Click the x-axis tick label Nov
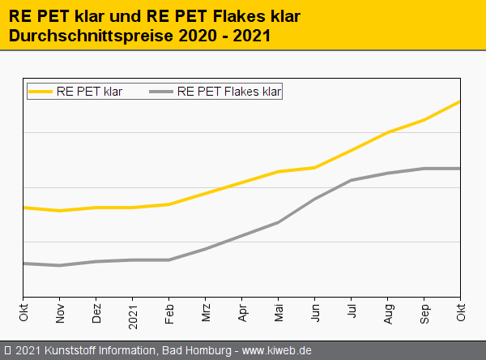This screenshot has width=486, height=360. point(60,313)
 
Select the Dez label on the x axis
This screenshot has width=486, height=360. point(96,313)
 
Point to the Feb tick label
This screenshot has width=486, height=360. point(169,313)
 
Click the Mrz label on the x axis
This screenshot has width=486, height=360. point(206,313)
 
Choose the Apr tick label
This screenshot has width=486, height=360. point(242,313)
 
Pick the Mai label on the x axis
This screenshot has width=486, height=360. point(279,313)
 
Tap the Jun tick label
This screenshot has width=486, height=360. point(315,313)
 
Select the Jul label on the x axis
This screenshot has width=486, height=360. point(352,312)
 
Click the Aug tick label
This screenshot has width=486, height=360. point(388,313)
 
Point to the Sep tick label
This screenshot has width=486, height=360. point(424,313)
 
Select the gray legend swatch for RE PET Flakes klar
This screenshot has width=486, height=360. point(161,92)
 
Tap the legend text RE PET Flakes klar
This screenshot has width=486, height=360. point(228,92)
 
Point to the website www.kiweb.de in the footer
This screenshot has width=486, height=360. point(277,351)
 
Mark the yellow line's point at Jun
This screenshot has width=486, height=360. point(315,168)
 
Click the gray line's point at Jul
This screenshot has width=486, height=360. point(352,180)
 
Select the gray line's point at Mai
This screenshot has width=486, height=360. point(279,222)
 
